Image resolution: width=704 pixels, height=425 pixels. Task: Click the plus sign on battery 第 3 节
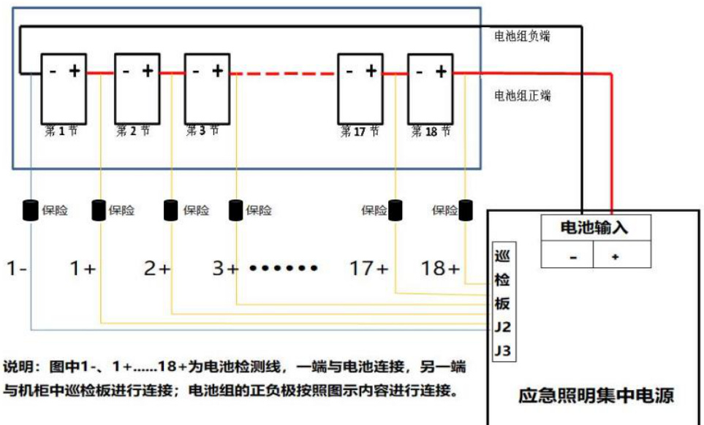tap(217, 71)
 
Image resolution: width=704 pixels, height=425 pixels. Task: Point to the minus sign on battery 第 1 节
tap(53, 71)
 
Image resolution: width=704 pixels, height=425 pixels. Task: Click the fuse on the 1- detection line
tap(31, 210)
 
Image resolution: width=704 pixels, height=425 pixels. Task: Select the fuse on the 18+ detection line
tap(464, 210)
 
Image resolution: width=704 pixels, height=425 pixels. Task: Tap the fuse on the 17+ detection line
tap(395, 210)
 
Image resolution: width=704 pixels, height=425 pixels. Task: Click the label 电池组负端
tap(522, 37)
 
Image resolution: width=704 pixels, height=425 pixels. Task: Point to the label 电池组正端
tap(522, 96)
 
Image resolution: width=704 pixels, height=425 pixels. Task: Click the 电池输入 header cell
tap(594, 228)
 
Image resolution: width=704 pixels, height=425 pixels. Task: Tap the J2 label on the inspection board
tap(502, 326)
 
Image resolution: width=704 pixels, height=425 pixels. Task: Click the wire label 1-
tap(17, 269)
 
